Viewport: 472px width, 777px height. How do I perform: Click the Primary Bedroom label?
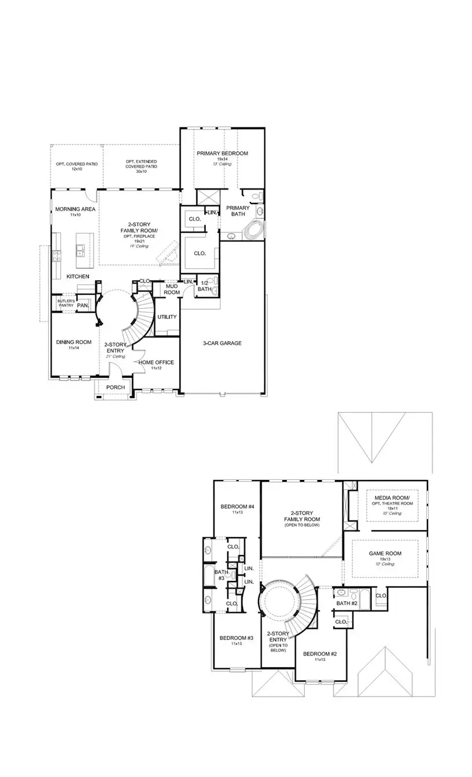tap(222, 153)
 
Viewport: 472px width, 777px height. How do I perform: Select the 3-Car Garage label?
tap(222, 343)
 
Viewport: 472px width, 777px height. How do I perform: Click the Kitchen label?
tap(78, 276)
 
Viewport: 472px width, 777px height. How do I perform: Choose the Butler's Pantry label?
tap(65, 303)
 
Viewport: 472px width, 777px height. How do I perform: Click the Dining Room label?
tap(74, 342)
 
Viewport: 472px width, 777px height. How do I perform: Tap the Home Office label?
tap(156, 362)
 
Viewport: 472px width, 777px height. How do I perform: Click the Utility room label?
tap(167, 317)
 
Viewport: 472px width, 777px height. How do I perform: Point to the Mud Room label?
tap(171, 288)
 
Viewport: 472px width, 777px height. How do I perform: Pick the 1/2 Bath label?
tap(204, 286)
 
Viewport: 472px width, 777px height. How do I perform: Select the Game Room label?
tap(385, 553)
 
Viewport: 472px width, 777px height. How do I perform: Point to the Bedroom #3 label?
tap(237, 638)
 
